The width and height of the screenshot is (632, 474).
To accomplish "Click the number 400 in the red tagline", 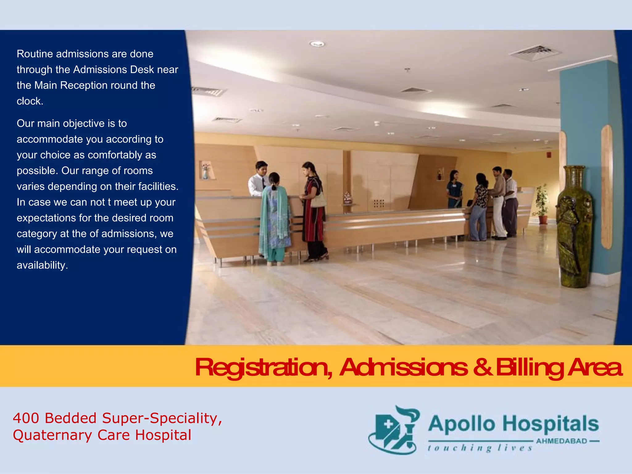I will pyautogui.click(x=26, y=418).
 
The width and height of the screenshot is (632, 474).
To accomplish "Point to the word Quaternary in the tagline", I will pyautogui.click(x=52, y=435).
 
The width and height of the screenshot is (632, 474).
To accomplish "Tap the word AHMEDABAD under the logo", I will pyautogui.click(x=562, y=441).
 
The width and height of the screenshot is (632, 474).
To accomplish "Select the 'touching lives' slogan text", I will pyautogui.click(x=480, y=448).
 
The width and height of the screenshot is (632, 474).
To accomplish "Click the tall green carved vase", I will pyautogui.click(x=574, y=227).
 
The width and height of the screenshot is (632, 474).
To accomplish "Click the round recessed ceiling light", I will pyautogui.click(x=317, y=44).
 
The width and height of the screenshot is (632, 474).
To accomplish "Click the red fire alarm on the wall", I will pyautogui.click(x=549, y=154).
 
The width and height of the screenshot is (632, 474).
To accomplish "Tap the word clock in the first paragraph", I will pyautogui.click(x=30, y=101).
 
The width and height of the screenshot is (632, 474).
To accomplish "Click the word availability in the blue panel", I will pyautogui.click(x=42, y=265).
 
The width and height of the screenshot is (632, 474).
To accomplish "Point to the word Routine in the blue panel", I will pyautogui.click(x=35, y=54).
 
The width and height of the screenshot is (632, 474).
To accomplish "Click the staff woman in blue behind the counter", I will pyautogui.click(x=455, y=189).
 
